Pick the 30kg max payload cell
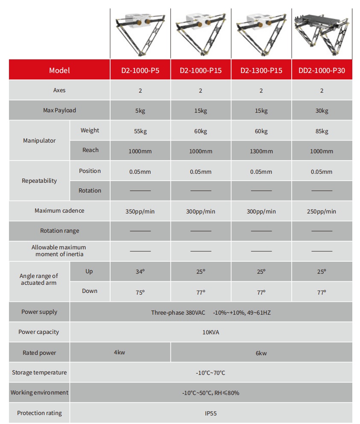(x=322, y=111)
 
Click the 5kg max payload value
(x=140, y=111)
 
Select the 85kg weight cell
(x=322, y=131)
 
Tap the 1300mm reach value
(x=261, y=151)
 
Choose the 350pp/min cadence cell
(x=140, y=211)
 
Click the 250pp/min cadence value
(x=322, y=211)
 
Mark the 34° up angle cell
(x=140, y=272)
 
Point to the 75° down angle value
(x=140, y=292)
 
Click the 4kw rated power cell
(x=120, y=353)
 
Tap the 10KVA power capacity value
(x=211, y=332)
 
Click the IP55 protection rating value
(x=211, y=413)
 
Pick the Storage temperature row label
(x=39, y=372)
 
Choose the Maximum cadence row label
(x=59, y=211)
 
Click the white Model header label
(x=59, y=70)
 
